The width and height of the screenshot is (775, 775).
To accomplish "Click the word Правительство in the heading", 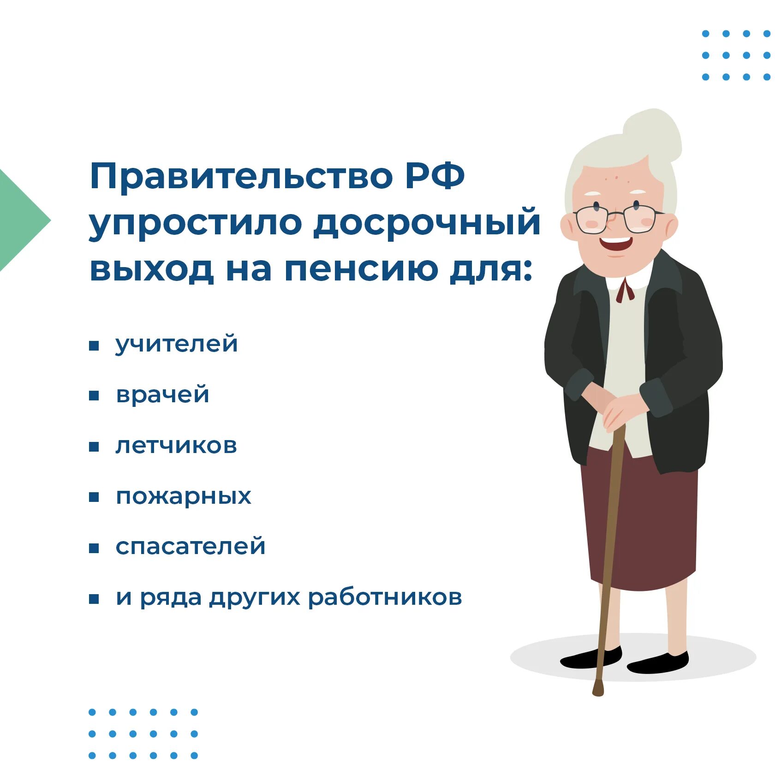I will click(x=240, y=176).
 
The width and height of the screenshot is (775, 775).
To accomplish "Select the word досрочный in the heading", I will click(x=426, y=223).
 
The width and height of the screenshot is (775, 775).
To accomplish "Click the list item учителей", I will click(x=177, y=344).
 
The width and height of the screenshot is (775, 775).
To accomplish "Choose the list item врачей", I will click(x=162, y=395).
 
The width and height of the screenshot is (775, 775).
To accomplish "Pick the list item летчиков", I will click(x=176, y=446).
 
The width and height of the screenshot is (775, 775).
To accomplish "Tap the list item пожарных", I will click(x=183, y=497).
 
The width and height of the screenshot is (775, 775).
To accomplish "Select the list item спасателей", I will click(x=191, y=547).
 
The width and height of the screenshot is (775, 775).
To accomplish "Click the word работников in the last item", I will click(x=385, y=597).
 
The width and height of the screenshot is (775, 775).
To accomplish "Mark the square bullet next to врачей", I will click(x=94, y=396).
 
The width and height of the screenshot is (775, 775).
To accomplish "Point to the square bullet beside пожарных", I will click(x=94, y=497).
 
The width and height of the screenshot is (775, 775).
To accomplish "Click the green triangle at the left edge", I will click(x=18, y=221).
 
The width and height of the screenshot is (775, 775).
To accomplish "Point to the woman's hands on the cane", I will click(x=618, y=408).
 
